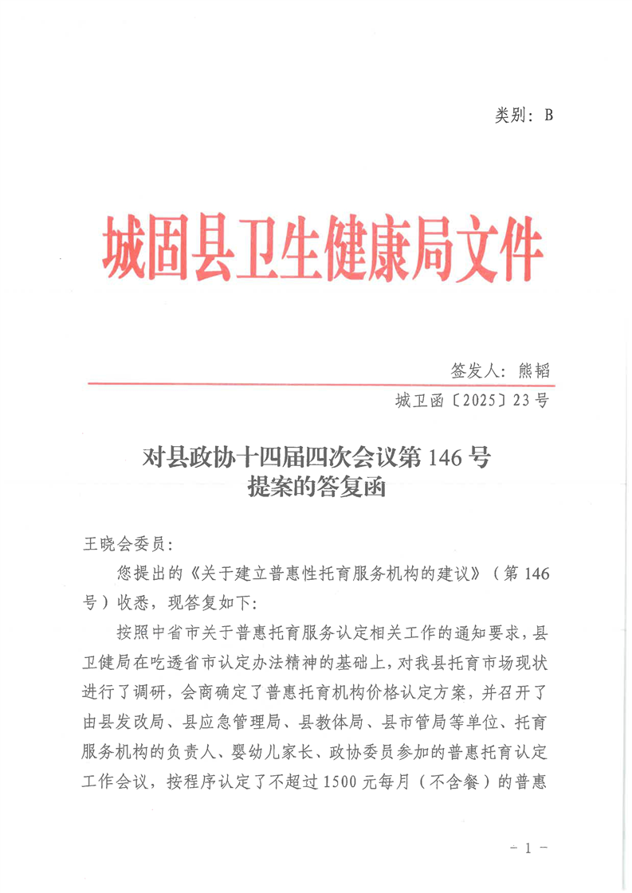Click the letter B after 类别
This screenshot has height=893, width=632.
coord(548,115)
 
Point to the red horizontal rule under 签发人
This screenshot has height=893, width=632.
coord(319,384)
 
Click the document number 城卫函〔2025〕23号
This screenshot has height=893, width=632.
coord(470,401)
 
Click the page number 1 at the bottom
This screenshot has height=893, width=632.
coord(528,849)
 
